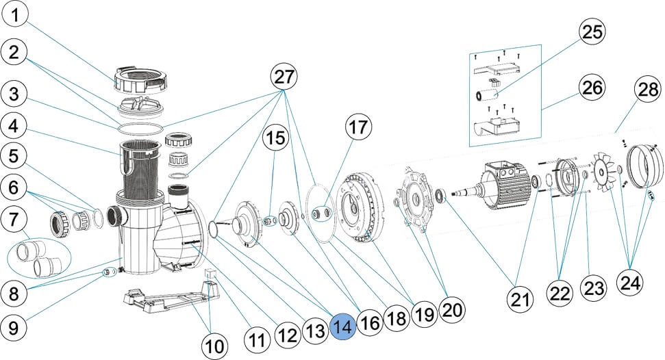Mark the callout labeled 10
(x=215, y=345)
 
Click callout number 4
(x=19, y=126)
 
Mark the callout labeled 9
(x=19, y=327)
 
